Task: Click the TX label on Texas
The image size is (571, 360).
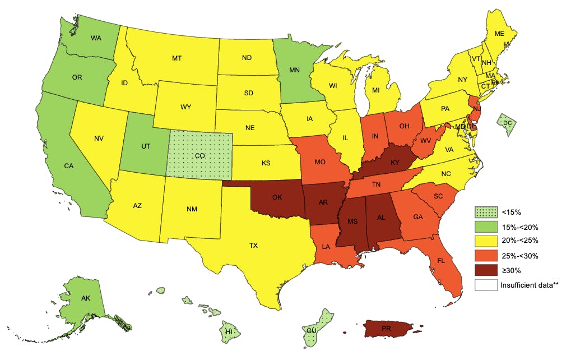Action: pos(254,245)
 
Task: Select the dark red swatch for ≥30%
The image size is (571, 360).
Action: pos(485,270)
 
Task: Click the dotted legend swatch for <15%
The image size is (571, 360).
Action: pos(485,213)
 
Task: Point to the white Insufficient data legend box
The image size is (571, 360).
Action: pos(485,284)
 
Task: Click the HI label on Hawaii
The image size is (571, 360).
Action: pos(229,332)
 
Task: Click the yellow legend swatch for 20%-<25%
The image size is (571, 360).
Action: pos(485,241)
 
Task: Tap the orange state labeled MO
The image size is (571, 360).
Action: pos(321,163)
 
